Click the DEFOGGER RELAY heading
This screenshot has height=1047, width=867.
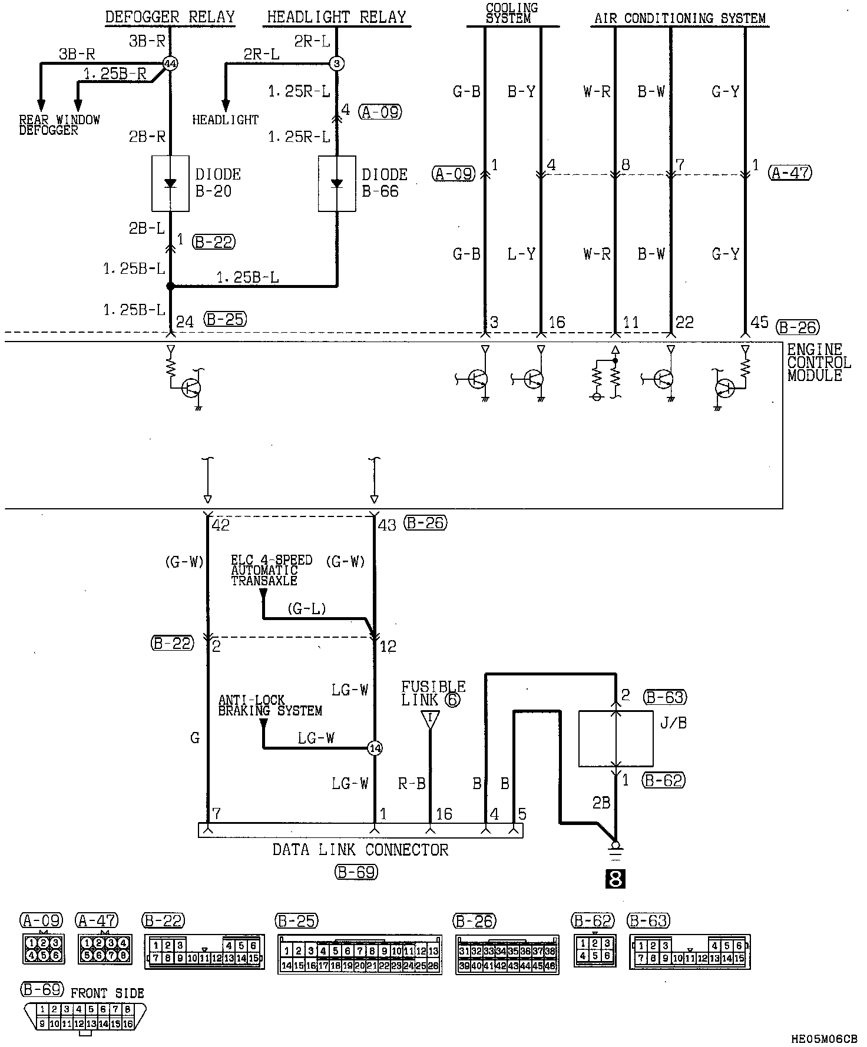[x=170, y=17]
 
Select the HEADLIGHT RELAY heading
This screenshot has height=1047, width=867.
[x=336, y=17]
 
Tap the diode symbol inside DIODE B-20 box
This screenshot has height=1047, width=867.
[x=170, y=183]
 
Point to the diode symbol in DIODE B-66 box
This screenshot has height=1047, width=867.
[x=337, y=183]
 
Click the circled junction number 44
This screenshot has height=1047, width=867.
[x=170, y=64]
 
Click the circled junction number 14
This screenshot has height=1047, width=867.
[x=375, y=748]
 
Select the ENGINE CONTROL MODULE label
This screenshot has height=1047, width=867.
[x=818, y=363]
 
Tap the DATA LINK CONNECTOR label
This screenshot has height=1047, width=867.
[x=360, y=850]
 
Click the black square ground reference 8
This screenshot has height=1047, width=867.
[x=615, y=879]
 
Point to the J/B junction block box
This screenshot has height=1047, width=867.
[x=615, y=738]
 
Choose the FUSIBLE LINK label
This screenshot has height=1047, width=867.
[x=433, y=693]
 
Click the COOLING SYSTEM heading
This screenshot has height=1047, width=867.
[x=512, y=13]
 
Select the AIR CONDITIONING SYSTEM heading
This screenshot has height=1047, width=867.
[x=680, y=18]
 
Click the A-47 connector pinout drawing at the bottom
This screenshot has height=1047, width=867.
[x=105, y=949]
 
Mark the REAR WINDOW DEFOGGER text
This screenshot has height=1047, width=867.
[x=59, y=125]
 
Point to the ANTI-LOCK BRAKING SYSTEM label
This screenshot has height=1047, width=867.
[x=270, y=705]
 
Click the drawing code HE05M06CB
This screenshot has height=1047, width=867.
[x=824, y=1040]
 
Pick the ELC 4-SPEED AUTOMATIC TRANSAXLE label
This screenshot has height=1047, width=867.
[x=271, y=569]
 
